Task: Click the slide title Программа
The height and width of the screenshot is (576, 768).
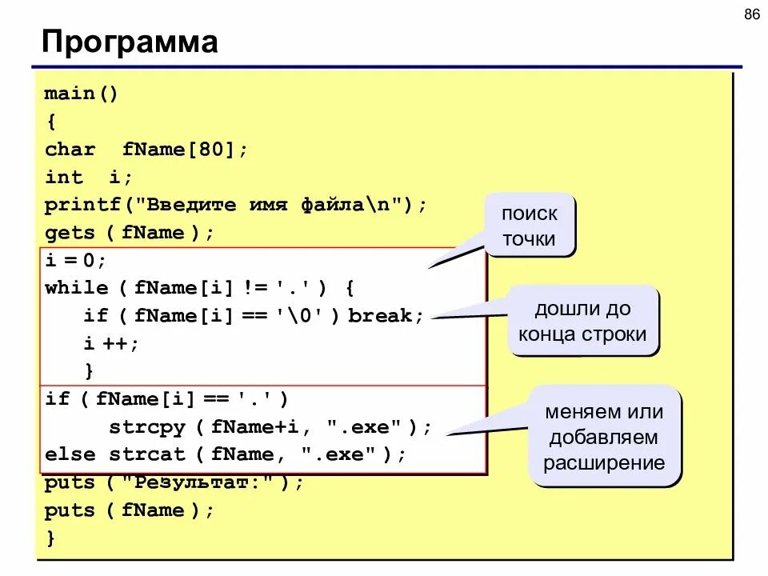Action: (130, 42)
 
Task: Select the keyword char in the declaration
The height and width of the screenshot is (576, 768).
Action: (70, 150)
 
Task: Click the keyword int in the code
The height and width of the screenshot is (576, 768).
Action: (63, 178)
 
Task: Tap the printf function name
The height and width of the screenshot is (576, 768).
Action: (82, 205)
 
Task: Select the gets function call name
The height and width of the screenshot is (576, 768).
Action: (70, 233)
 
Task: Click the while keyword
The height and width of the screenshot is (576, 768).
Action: (76, 288)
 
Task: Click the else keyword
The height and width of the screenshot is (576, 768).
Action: (70, 454)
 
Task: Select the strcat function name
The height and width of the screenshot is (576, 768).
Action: (147, 454)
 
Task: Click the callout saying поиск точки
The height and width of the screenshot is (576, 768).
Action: (530, 226)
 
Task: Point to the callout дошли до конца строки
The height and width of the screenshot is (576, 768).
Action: (582, 321)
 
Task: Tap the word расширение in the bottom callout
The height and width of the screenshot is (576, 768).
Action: (604, 462)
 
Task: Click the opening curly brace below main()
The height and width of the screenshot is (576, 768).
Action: (50, 122)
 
